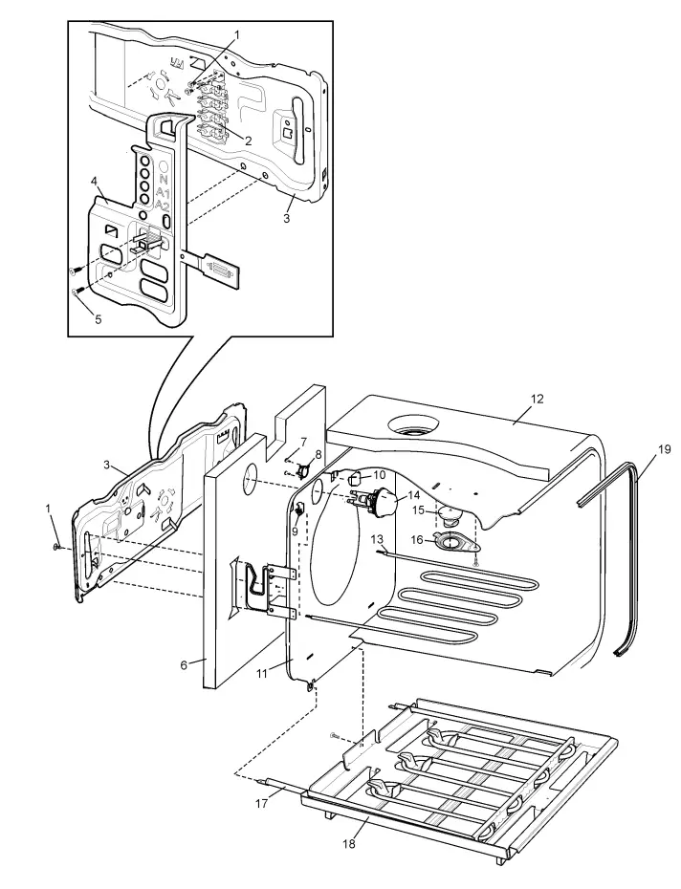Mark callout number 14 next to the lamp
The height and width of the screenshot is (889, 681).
tap(413, 495)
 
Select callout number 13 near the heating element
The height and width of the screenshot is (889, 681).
tap(380, 541)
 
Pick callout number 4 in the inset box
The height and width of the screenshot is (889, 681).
tap(94, 181)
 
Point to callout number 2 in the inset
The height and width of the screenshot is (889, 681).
tap(248, 141)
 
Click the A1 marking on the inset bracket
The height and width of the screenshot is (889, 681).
tap(164, 191)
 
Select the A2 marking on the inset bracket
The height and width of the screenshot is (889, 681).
tap(164, 206)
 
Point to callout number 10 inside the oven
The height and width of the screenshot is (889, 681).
tap(380, 475)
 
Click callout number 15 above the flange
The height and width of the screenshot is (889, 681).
tap(418, 511)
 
